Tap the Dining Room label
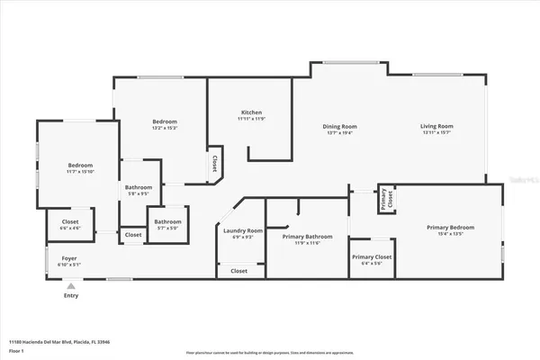click(x=340, y=126)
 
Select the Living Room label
click(x=436, y=126)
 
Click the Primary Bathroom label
click(x=307, y=237)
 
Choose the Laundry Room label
click(x=243, y=230)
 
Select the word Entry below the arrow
click(x=69, y=295)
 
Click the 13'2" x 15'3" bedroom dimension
click(x=164, y=128)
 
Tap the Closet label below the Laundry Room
click(x=238, y=271)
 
